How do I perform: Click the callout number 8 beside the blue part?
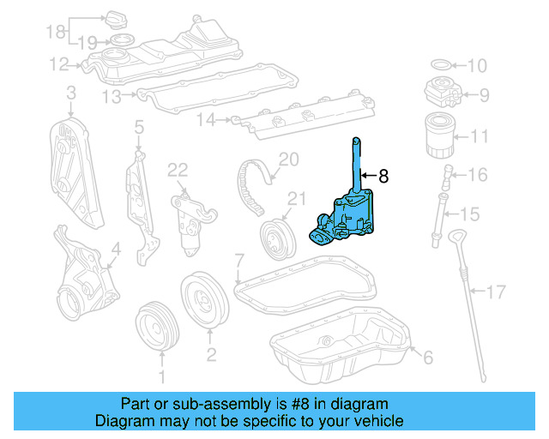(383, 177)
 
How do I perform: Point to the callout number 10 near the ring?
(476, 66)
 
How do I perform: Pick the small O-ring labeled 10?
(438, 65)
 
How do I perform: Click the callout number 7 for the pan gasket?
(239, 260)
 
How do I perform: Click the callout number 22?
(178, 170)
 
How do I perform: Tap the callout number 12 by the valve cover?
(58, 63)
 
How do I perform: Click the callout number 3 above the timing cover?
(69, 93)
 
